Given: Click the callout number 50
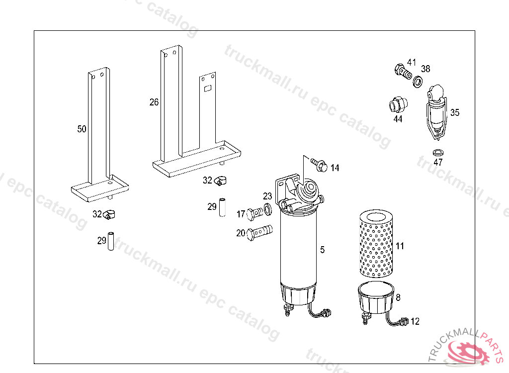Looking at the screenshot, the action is pyautogui.click(x=82, y=129).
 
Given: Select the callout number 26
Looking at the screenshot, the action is pyautogui.click(x=154, y=102).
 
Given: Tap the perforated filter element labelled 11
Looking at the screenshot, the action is pyautogui.click(x=377, y=243).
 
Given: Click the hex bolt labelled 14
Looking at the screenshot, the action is pyautogui.click(x=319, y=165).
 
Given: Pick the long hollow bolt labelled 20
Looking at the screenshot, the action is pyautogui.click(x=259, y=233).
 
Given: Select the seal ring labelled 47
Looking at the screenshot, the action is pyautogui.click(x=438, y=152).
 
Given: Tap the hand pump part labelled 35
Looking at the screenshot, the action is pyautogui.click(x=436, y=112).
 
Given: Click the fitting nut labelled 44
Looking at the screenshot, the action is pyautogui.click(x=398, y=104).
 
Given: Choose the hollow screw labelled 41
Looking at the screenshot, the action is pyautogui.click(x=403, y=72).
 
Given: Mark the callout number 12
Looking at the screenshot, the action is pyautogui.click(x=415, y=321).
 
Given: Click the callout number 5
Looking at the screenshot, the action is pyautogui.click(x=322, y=250).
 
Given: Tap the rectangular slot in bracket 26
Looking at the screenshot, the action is pyautogui.click(x=207, y=88).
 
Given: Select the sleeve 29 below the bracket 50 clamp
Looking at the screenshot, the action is pyautogui.click(x=111, y=241).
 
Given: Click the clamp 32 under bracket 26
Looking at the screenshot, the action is pyautogui.click(x=220, y=181).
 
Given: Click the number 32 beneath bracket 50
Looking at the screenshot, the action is pyautogui.click(x=97, y=214).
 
